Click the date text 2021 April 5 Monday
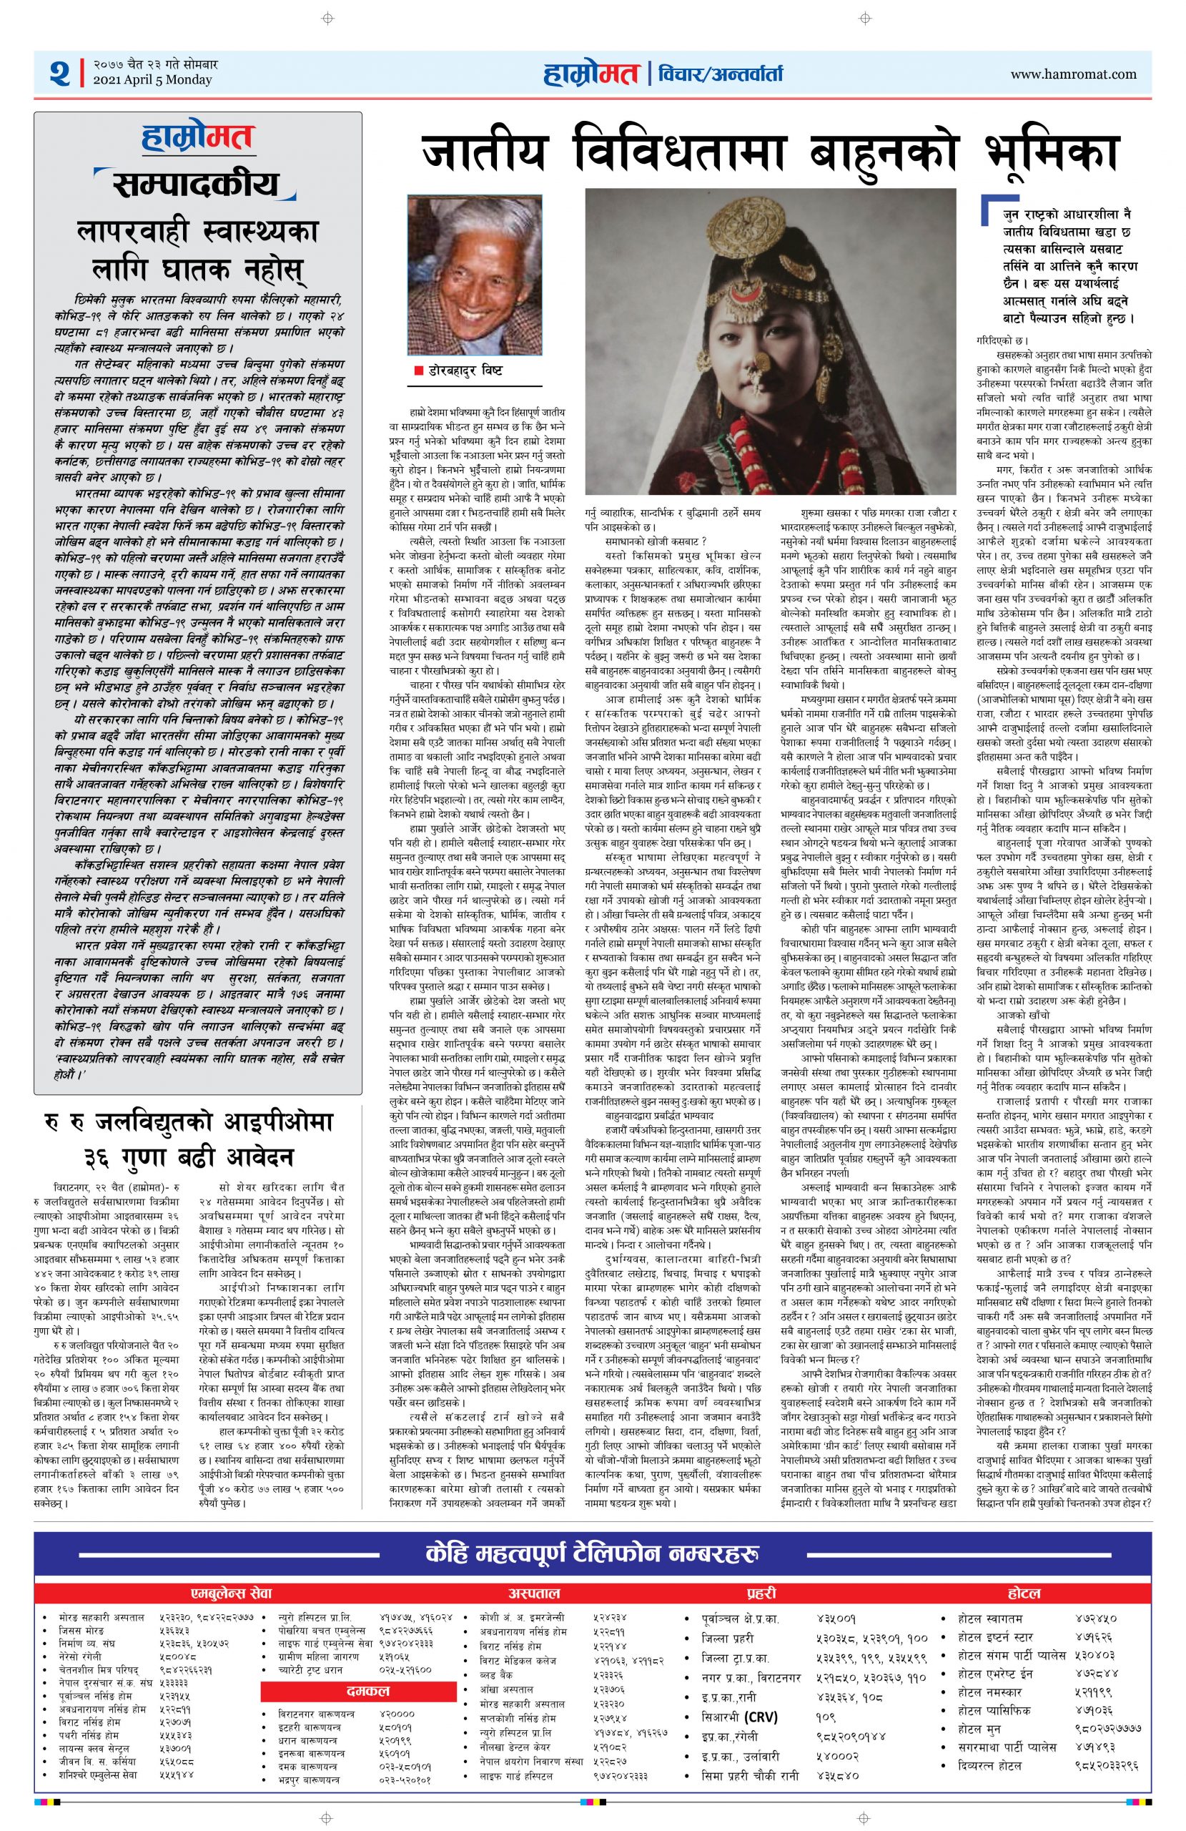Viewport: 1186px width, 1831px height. click(x=152, y=80)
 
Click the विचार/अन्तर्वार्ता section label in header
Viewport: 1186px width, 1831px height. click(x=720, y=74)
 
